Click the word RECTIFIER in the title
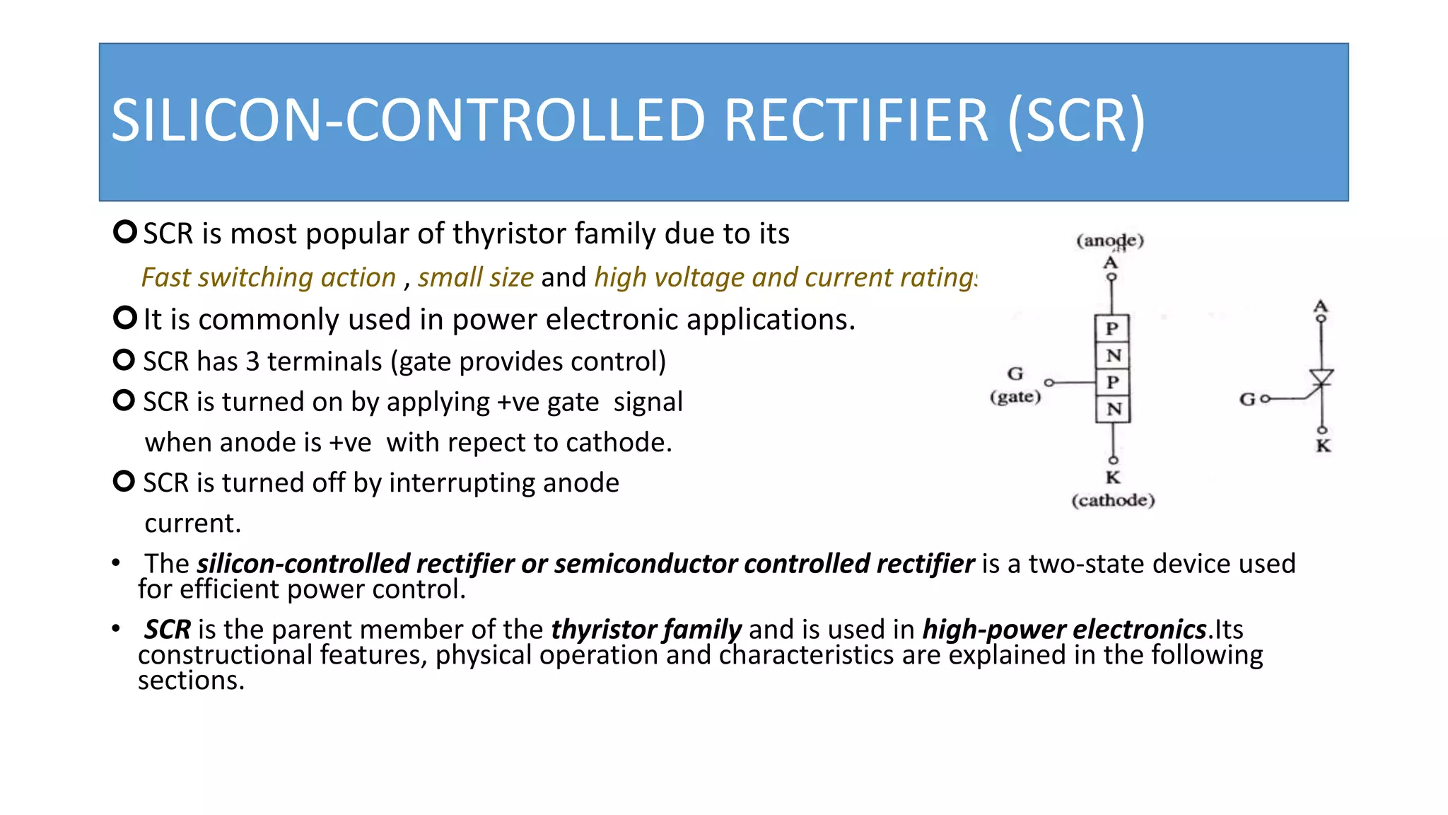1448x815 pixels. click(x=856, y=120)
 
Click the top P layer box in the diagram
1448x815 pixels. click(x=1112, y=328)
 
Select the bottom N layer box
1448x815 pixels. click(x=1114, y=409)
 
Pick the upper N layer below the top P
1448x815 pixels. click(x=1113, y=355)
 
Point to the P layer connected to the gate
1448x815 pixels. click(x=1113, y=382)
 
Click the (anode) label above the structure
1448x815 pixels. click(x=1110, y=241)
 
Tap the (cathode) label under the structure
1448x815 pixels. click(x=1113, y=500)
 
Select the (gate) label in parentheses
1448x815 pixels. click(x=1015, y=396)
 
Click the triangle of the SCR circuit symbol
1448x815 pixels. click(x=1321, y=377)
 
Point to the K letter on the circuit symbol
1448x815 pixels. click(x=1323, y=446)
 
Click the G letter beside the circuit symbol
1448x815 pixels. click(x=1247, y=400)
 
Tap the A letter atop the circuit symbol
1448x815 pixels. click(x=1321, y=306)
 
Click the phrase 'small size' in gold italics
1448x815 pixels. click(x=475, y=277)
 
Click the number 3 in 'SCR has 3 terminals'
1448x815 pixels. click(x=252, y=362)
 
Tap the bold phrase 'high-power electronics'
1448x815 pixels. click(x=1064, y=629)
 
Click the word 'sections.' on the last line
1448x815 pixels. click(x=191, y=681)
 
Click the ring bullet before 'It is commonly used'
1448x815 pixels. click(x=124, y=318)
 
